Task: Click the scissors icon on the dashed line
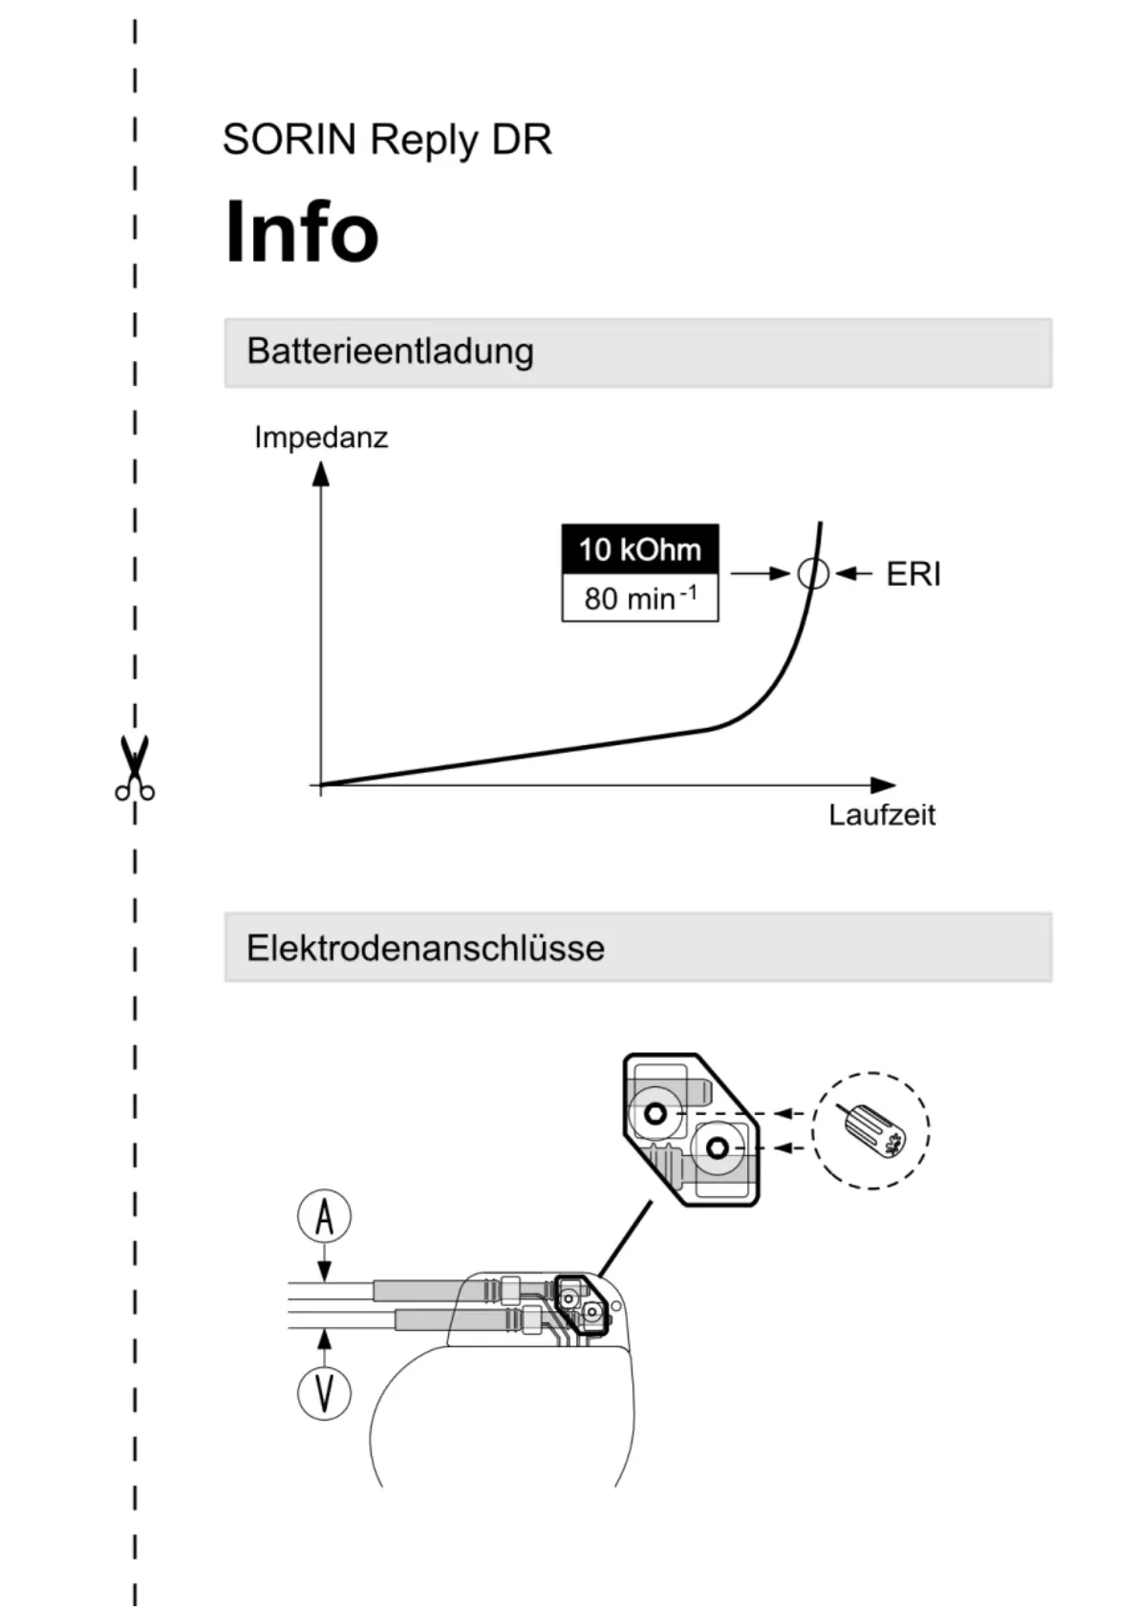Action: pyautogui.click(x=135, y=767)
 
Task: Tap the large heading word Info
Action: pyautogui.click(x=302, y=231)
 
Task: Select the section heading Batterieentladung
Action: pyautogui.click(x=390, y=352)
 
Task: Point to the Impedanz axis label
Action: pyautogui.click(x=321, y=438)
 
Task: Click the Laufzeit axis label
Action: pyautogui.click(x=881, y=815)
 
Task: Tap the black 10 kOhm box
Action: pyautogui.click(x=639, y=549)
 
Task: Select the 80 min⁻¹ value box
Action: pyautogui.click(x=639, y=599)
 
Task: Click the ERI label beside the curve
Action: pyautogui.click(x=913, y=574)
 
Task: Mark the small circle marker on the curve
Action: pyautogui.click(x=813, y=573)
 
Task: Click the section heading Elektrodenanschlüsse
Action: pyautogui.click(x=425, y=948)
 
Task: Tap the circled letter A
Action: pyautogui.click(x=325, y=1217)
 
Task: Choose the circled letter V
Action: pyautogui.click(x=325, y=1392)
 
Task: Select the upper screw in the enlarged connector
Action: pyautogui.click(x=655, y=1113)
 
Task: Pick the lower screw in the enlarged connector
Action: pyautogui.click(x=718, y=1148)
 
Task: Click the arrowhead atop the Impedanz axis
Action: pyautogui.click(x=321, y=473)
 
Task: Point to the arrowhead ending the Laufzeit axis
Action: pyautogui.click(x=885, y=785)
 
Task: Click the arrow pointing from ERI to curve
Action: pyautogui.click(x=853, y=574)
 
